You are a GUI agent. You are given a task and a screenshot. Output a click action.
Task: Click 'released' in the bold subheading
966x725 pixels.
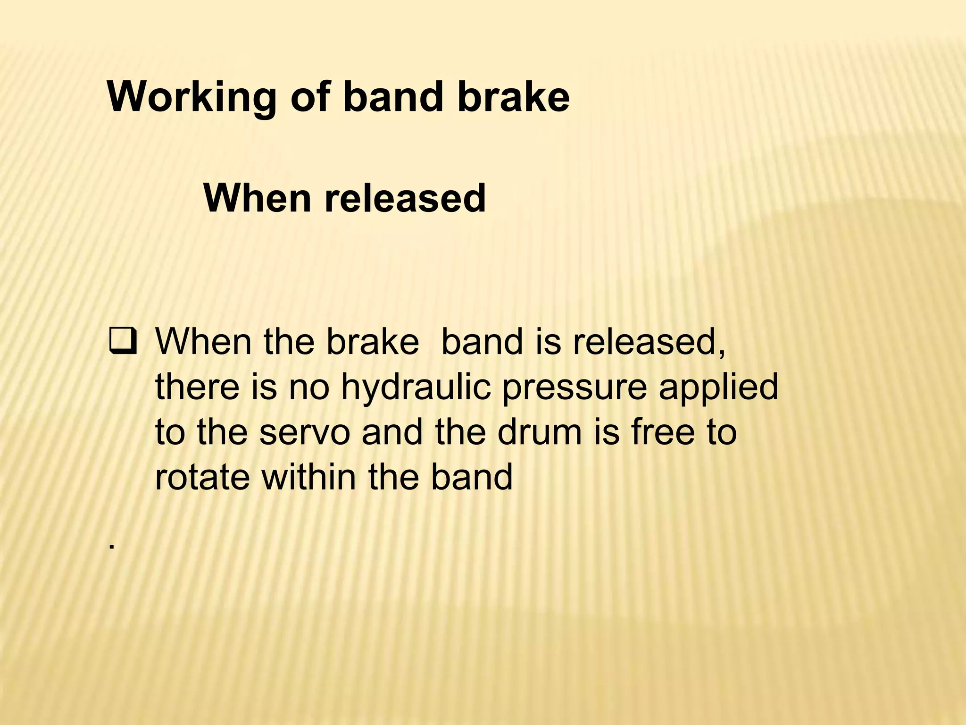pyautogui.click(x=405, y=198)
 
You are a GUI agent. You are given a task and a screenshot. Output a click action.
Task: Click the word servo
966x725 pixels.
pyautogui.click(x=305, y=433)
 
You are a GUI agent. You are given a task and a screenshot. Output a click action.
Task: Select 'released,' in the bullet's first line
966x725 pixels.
pyautogui.click(x=649, y=342)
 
